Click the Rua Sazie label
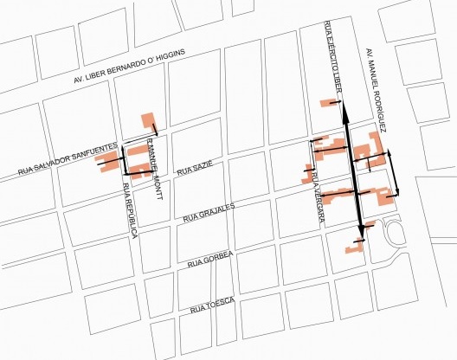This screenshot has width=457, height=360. [194, 169]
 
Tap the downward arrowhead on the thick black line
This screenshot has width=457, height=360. [360, 233]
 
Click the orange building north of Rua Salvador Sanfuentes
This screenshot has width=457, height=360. [149, 120]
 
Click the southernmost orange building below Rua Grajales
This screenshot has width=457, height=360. [353, 249]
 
